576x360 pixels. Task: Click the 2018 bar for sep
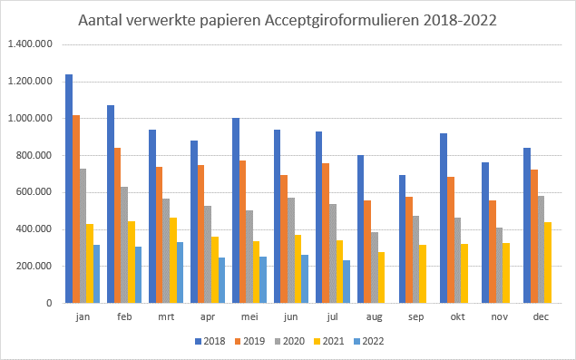pyautogui.click(x=403, y=239)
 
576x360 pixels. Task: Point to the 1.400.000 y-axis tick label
pyautogui.click(x=29, y=44)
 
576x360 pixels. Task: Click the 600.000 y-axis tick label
pyautogui.click(x=33, y=192)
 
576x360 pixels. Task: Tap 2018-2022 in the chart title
pyautogui.click(x=461, y=19)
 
